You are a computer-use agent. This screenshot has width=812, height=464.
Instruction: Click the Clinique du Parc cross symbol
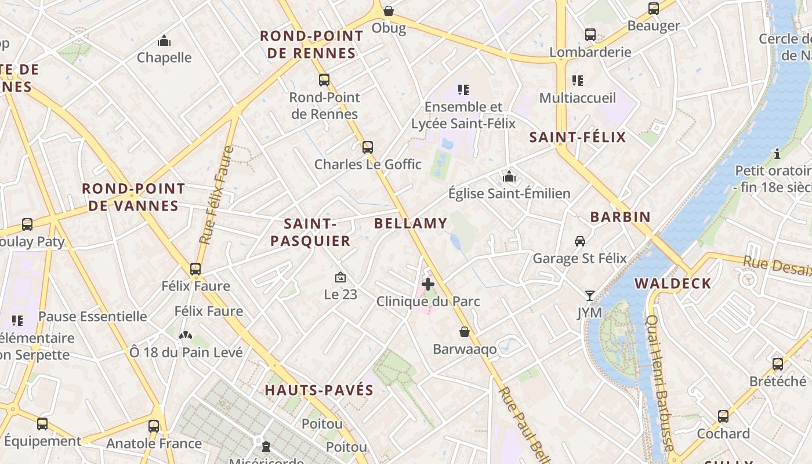coord(428,284)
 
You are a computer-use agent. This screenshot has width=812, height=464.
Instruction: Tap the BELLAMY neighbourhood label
coord(411,223)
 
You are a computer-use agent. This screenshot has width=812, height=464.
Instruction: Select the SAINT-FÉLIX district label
coord(578,137)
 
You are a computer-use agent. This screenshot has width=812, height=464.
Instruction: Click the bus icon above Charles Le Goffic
coord(367,147)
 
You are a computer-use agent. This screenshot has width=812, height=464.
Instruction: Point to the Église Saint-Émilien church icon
coord(509,176)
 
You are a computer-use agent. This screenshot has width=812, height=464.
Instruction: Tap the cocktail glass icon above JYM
coord(589,296)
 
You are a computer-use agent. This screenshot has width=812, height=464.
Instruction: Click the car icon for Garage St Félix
coord(579,241)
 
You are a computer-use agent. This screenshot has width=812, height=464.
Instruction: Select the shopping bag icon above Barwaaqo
coord(465,332)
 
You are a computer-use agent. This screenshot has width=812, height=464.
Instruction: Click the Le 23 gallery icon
coord(340,278)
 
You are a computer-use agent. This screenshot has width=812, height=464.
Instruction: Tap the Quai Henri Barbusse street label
coord(660,383)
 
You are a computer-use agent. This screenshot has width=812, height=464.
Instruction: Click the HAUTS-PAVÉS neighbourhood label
coord(319,390)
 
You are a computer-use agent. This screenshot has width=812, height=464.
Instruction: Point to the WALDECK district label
coord(673,284)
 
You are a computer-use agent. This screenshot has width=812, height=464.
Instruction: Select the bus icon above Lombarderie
coord(590,35)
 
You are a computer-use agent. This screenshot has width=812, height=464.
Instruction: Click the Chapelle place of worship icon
coord(164,41)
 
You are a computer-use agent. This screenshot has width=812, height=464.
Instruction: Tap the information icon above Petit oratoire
coord(777,154)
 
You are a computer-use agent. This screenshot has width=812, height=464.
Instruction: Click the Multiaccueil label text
coord(578,98)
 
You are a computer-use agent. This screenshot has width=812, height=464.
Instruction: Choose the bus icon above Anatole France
coord(154,426)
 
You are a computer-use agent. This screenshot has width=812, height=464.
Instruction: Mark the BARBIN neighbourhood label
coord(620,217)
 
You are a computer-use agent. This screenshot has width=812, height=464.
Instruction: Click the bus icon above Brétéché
coord(778,364)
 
